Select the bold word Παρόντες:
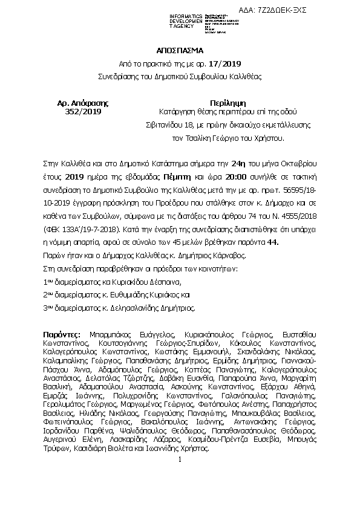(x=64, y=334)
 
